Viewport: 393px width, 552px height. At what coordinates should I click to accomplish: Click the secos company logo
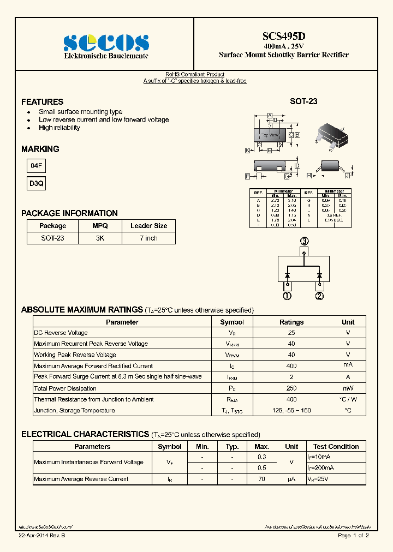[x=106, y=43]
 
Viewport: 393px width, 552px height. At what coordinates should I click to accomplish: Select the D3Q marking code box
[x=36, y=184]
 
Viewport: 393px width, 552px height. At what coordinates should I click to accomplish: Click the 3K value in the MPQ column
[x=100, y=238]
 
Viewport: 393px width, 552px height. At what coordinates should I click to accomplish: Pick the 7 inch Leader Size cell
[x=148, y=238]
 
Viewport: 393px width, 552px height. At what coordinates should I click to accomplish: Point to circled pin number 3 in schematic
[x=304, y=241]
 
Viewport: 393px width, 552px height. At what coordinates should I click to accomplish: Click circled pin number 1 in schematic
[x=287, y=296]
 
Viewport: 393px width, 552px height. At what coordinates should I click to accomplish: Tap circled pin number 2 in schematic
[x=319, y=296]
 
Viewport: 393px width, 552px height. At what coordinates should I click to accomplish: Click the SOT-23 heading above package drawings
[x=303, y=101]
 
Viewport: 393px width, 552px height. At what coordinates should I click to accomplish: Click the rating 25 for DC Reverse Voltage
[x=291, y=333]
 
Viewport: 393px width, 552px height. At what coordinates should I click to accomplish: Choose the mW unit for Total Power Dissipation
[x=348, y=388]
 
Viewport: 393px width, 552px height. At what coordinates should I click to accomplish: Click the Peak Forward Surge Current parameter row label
[x=118, y=377]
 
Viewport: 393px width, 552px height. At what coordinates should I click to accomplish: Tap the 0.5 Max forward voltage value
[x=262, y=468]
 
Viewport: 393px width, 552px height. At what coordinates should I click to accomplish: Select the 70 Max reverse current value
[x=262, y=479]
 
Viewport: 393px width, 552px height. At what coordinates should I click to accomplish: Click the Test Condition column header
[x=336, y=446]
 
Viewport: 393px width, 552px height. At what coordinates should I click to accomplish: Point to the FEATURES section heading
[x=42, y=102]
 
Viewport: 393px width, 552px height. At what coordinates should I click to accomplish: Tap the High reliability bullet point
[x=59, y=128]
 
